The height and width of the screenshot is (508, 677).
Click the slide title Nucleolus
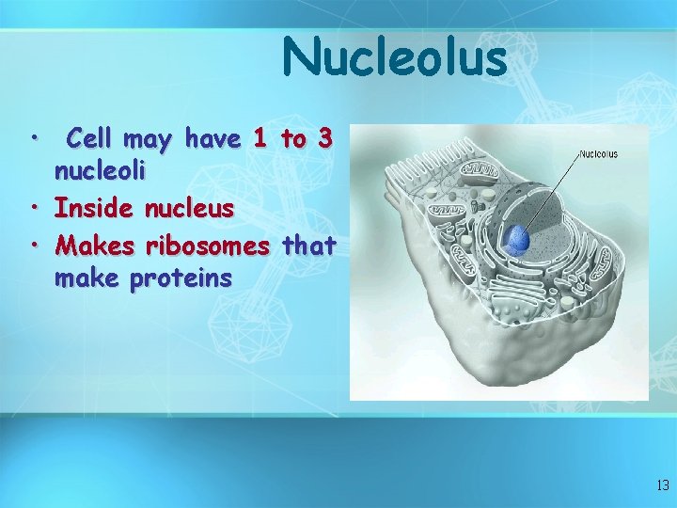[394, 57]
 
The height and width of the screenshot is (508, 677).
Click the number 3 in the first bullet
[324, 140]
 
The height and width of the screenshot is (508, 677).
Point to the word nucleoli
[98, 174]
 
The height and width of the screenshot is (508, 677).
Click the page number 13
[662, 485]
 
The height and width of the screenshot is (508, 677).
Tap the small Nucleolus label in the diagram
[598, 153]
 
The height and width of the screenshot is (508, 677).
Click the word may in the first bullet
[147, 141]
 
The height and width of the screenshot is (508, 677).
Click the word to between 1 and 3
[292, 140]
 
